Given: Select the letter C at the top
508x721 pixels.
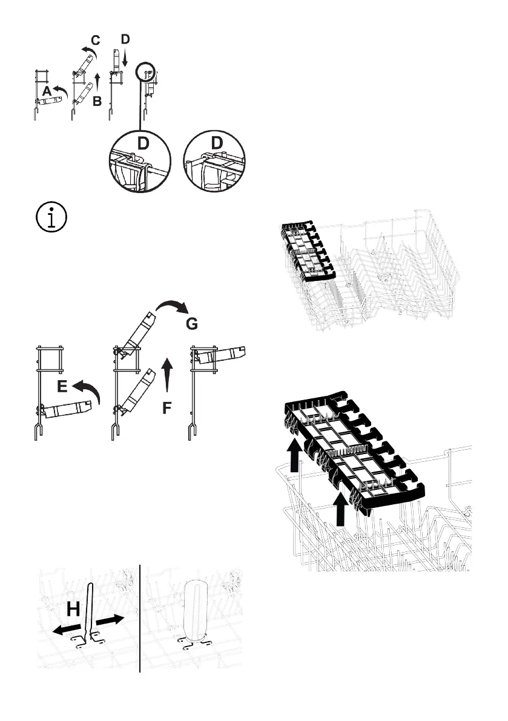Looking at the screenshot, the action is (x=95, y=41).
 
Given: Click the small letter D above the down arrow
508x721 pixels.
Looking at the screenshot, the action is (x=125, y=39).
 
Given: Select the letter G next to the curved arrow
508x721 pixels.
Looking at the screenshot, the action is (x=191, y=324).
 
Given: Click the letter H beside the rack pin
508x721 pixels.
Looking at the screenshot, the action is (x=73, y=611).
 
